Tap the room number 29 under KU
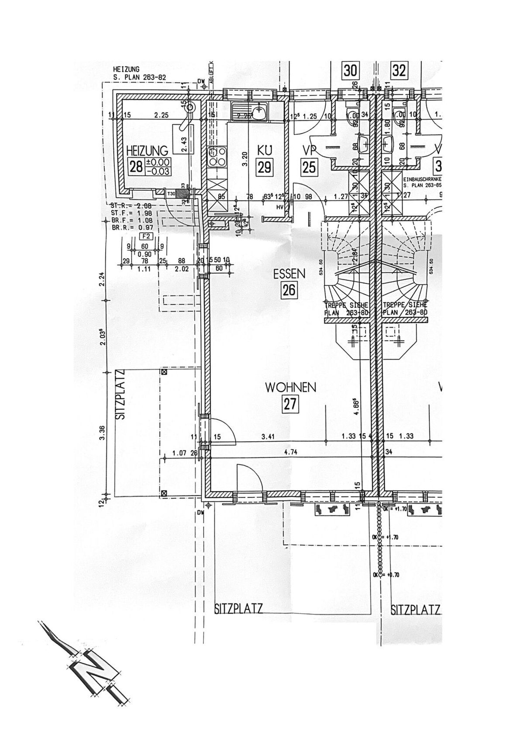265,167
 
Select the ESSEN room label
289,274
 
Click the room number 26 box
289,290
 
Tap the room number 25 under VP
309,167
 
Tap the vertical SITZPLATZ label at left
121,395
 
